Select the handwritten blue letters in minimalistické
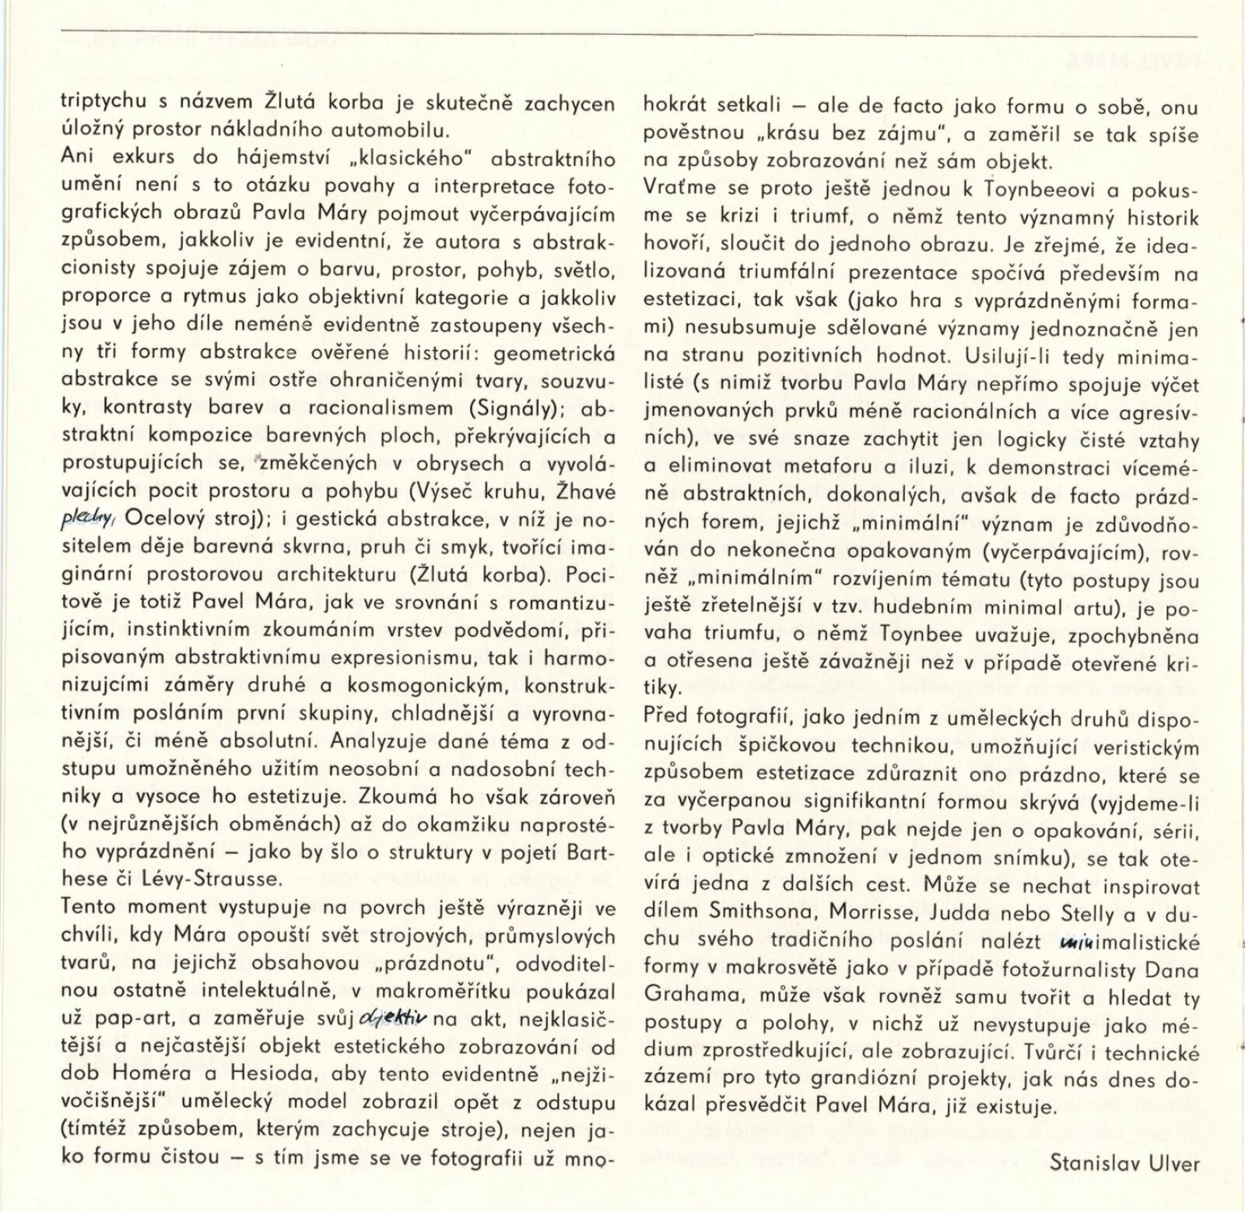pos(1074,944)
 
